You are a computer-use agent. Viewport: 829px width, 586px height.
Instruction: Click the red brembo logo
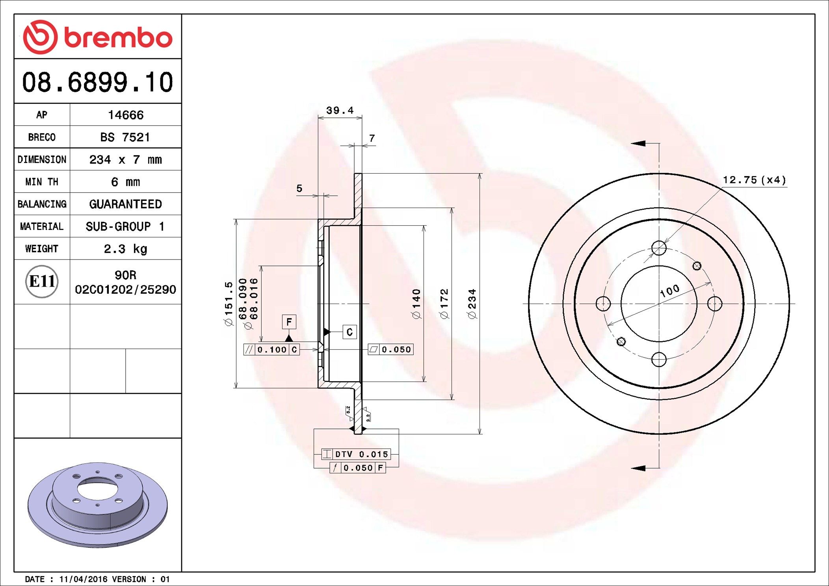coord(97,37)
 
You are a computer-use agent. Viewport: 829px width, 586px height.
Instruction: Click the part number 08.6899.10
coord(97,82)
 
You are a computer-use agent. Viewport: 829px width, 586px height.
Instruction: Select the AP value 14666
coord(126,115)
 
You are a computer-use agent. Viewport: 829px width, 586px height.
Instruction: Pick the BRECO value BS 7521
coord(125,137)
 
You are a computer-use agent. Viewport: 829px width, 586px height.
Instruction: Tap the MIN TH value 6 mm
coord(125,182)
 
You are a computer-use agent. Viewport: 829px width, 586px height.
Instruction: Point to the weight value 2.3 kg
coord(125,249)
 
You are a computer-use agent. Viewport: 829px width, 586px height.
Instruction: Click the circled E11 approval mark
coord(42,282)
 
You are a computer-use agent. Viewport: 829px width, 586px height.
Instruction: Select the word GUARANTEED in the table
coord(125,204)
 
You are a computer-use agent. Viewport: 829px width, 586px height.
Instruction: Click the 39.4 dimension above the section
coord(340,111)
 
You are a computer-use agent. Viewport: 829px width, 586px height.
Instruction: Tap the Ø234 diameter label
coord(472,304)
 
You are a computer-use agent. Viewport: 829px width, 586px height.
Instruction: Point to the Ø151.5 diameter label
coord(229,304)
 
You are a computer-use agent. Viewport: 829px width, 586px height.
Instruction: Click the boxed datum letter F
coord(289,322)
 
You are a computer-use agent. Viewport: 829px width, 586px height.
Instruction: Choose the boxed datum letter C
coord(349,332)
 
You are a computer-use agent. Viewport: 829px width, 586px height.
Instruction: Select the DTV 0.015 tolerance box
coord(356,454)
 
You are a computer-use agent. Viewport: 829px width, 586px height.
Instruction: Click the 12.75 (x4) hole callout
coord(754,180)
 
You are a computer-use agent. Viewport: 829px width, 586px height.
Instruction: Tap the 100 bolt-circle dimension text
coord(670,291)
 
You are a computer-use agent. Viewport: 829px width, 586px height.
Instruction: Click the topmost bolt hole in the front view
coord(659,248)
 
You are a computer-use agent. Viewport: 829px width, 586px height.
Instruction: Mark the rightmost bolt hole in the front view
coord(715,304)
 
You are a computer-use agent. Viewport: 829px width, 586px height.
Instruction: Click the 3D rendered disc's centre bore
coord(97,490)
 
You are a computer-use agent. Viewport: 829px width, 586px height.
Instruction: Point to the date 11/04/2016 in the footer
coord(83,579)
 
